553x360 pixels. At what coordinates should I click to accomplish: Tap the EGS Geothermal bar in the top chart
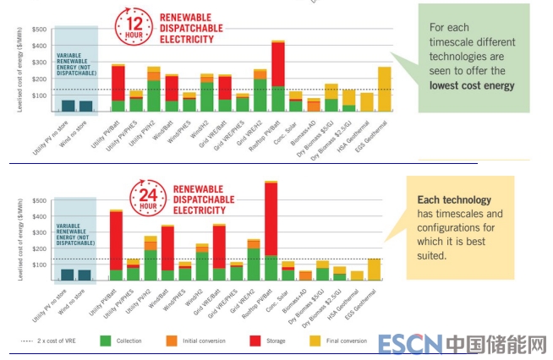pos(384,89)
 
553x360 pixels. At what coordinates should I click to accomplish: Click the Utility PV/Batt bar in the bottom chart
pos(117,245)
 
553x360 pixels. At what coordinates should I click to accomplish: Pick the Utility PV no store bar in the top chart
pos(68,106)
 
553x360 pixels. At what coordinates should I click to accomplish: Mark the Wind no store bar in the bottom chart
pos(85,275)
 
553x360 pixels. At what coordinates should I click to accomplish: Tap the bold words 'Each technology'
pos(454,200)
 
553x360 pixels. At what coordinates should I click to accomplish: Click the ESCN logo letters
pos(411,344)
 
